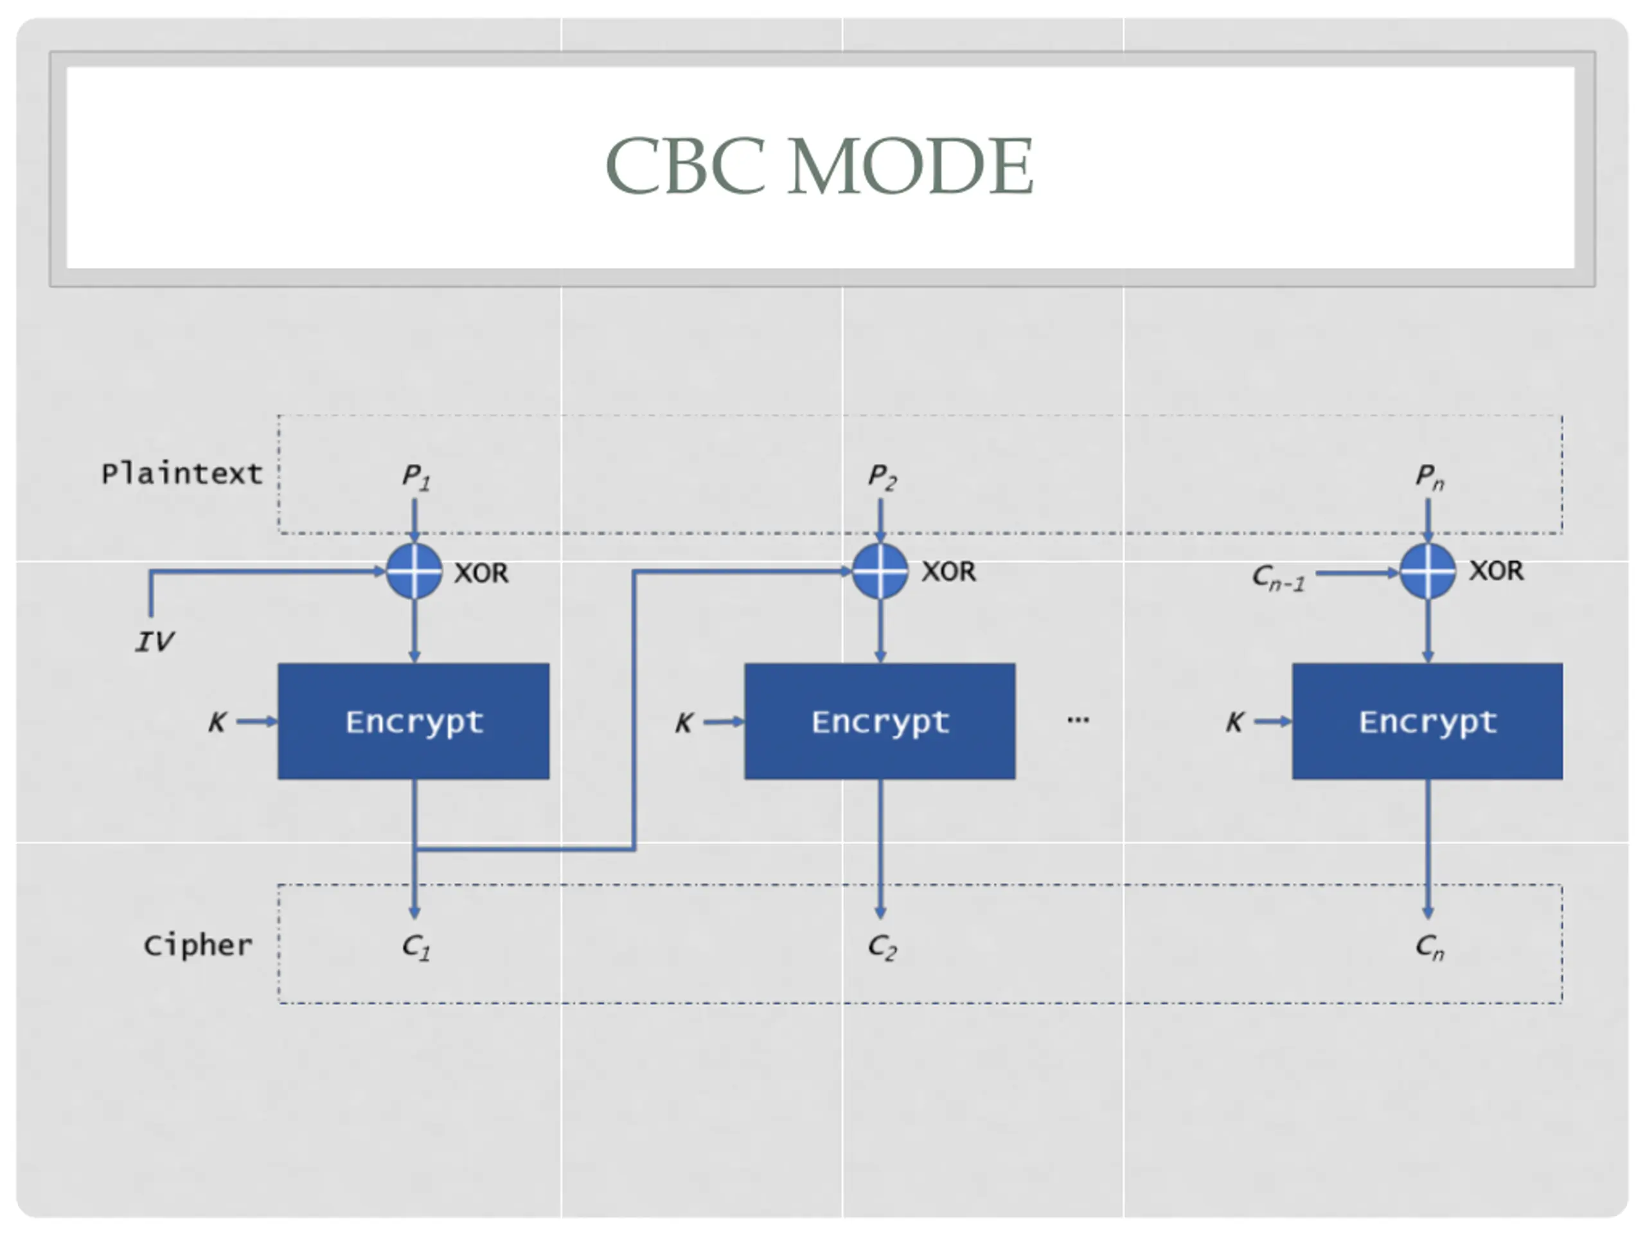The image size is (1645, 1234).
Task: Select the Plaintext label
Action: (182, 473)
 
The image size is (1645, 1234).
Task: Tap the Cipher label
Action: (198, 945)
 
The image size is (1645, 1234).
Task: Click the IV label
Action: (155, 641)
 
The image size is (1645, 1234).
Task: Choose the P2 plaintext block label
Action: (883, 476)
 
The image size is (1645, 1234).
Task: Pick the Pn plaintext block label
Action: (1429, 476)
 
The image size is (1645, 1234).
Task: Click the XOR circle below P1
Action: (414, 571)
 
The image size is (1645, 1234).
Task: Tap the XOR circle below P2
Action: (880, 571)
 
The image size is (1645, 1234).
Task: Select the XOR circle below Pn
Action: (1428, 571)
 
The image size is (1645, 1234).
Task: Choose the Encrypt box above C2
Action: (880, 722)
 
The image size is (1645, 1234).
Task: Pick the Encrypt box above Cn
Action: (1427, 722)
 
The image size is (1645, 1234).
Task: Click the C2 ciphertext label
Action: (883, 947)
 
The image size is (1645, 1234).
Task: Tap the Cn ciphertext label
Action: (1429, 947)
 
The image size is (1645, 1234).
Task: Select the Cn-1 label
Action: (1278, 577)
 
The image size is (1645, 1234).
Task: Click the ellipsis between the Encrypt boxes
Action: (1078, 719)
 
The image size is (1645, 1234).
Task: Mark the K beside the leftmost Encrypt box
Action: (217, 722)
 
